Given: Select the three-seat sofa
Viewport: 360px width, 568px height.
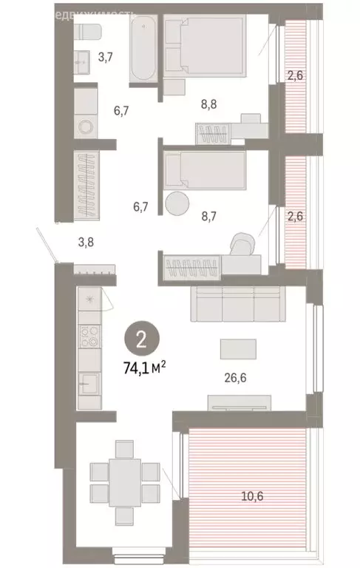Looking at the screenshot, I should click(238, 304).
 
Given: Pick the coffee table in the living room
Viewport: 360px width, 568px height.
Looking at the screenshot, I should click(238, 348).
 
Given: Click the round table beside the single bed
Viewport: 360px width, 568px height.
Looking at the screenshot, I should click(177, 203).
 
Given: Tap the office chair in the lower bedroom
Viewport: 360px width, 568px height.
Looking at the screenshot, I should click(244, 244).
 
